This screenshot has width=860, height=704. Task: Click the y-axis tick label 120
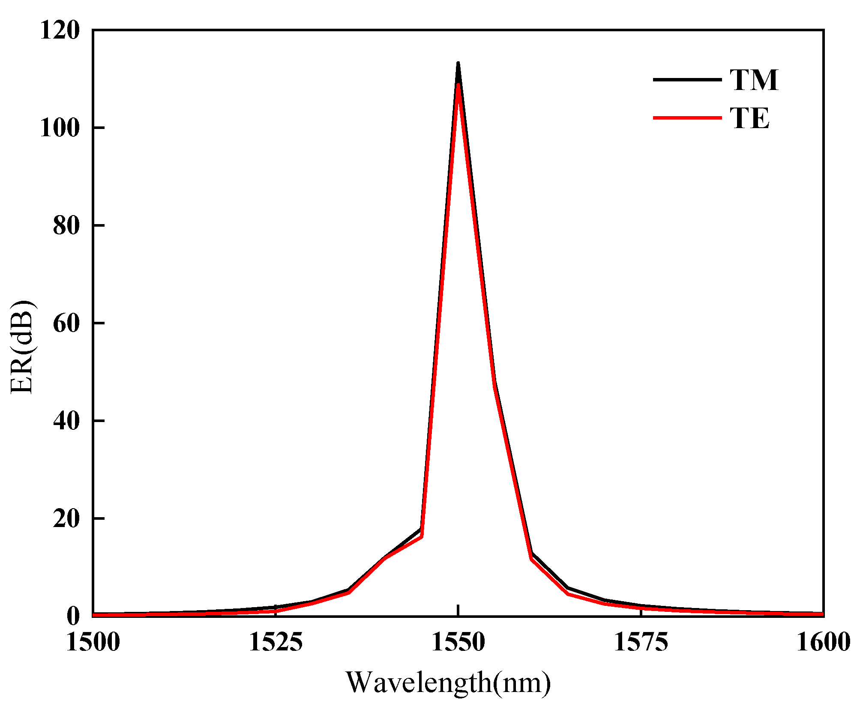60,31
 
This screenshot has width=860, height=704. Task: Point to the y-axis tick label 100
60,128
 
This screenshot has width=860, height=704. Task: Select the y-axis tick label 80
66,226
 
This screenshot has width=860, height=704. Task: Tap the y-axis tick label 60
66,323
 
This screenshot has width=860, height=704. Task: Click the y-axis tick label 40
66,421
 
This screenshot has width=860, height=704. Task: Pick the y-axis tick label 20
66,518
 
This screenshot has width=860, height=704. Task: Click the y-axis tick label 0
73,616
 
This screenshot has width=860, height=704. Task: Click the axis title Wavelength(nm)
448,683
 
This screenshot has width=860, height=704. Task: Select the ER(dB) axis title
22,347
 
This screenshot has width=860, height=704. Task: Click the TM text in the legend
754,80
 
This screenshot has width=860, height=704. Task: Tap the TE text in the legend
750,118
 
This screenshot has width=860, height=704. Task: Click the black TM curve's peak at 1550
458,64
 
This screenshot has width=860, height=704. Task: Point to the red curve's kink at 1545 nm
422,536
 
